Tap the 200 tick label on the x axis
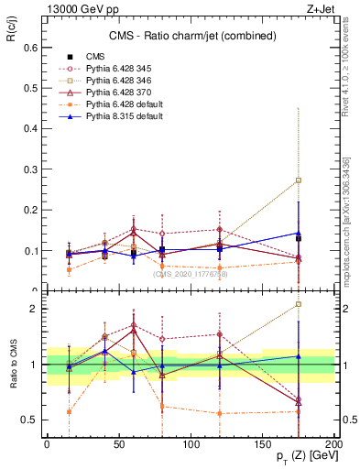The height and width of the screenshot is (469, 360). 333,444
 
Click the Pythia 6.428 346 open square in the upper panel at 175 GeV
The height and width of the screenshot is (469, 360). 298,180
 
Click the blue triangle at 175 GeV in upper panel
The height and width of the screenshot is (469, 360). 298,233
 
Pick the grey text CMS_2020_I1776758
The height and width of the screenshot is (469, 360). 190,273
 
